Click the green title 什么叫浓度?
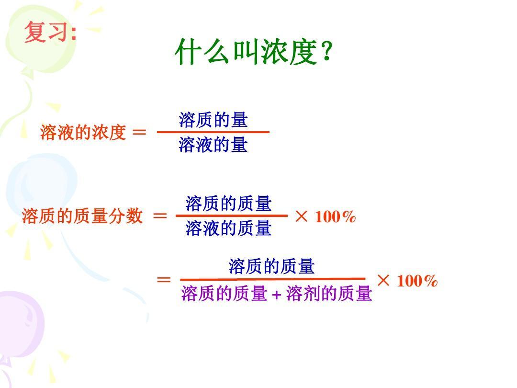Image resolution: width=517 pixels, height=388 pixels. tap(254, 52)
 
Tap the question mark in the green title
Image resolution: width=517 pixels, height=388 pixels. tap(326, 51)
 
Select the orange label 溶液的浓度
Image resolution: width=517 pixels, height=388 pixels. tap(83, 132)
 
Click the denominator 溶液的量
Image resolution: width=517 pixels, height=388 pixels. tap(213, 145)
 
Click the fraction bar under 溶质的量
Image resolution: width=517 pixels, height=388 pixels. tap(213, 132)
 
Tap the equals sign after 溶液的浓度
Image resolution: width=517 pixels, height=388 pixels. tap(139, 132)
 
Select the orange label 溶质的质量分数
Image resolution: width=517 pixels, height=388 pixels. tap(82, 216)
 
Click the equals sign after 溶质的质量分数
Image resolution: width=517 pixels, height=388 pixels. tap(160, 216)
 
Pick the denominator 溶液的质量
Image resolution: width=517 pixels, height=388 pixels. tap(228, 228)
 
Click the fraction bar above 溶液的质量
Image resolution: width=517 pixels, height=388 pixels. tap(232, 216)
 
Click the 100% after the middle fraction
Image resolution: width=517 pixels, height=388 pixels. tap(335, 217)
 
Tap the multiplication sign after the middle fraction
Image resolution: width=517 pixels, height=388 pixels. tap(302, 217)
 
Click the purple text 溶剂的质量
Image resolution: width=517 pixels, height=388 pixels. tap(329, 293)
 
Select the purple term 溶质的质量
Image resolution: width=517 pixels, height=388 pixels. tap(224, 293)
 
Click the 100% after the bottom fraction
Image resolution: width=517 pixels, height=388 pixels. tap(417, 281)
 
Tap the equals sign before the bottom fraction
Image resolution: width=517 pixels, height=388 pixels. tap(164, 280)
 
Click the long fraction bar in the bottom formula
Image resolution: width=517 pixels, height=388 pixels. tap(273, 279)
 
